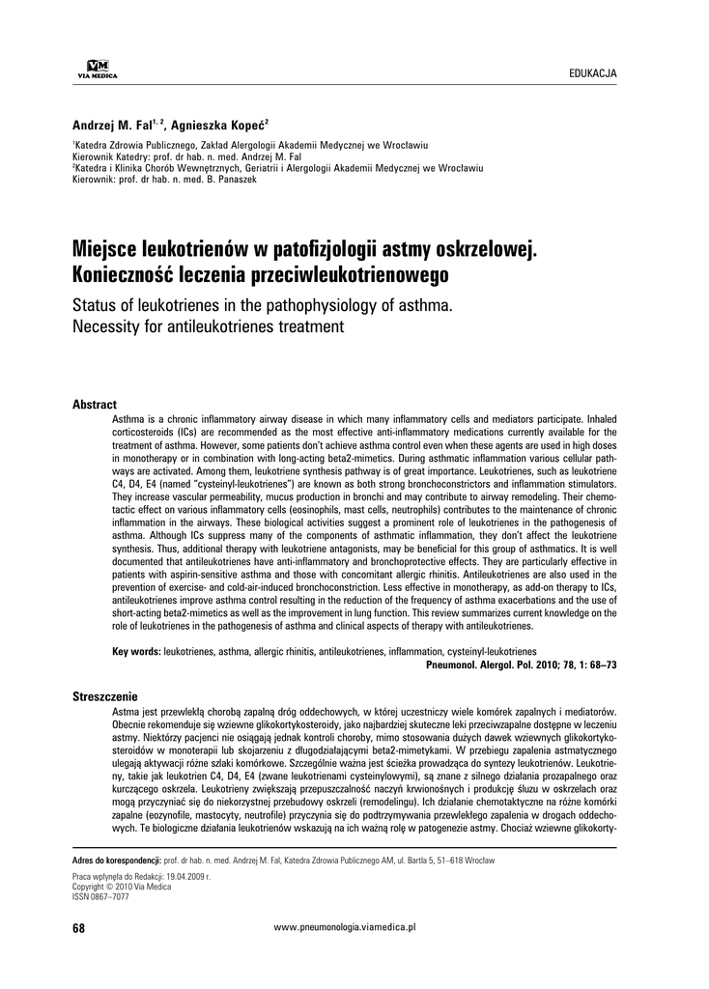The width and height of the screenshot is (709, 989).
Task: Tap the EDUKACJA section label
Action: tap(593, 72)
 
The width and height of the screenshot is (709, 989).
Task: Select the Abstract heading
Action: tap(95, 405)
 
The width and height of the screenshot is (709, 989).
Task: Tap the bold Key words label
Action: tap(137, 653)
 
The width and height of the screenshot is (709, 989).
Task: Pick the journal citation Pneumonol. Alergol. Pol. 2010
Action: tap(521, 666)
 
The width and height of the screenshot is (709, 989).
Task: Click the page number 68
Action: tap(79, 927)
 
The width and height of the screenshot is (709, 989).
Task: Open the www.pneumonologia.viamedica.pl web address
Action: tap(345, 927)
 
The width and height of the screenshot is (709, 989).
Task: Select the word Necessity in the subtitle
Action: tap(110, 327)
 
